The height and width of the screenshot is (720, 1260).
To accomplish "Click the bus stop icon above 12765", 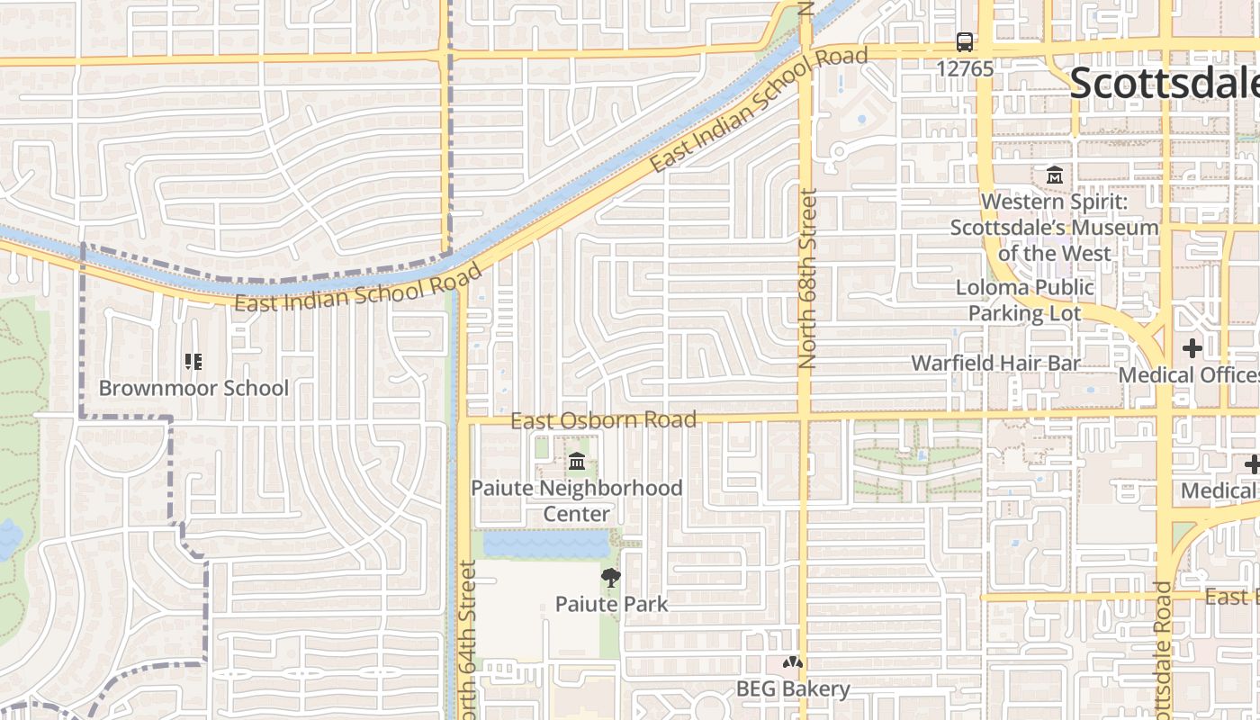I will click(965, 41).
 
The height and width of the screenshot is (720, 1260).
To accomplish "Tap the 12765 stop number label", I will click(965, 68).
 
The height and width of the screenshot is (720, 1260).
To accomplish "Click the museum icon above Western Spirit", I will click(1054, 174).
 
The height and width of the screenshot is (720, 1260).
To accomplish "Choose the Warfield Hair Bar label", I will click(995, 363).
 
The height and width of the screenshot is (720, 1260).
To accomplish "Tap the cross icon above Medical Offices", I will click(1192, 348).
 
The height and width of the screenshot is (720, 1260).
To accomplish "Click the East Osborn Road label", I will click(603, 420).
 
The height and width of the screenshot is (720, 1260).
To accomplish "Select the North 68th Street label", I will click(806, 277).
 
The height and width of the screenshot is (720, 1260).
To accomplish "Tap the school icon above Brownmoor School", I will click(193, 362).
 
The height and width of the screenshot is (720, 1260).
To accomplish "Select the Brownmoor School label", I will click(193, 388).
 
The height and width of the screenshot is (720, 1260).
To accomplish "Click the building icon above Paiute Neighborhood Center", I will click(577, 462).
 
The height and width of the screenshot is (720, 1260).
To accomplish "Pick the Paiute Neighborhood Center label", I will click(577, 500).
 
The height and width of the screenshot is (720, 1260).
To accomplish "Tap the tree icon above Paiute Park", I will click(611, 578).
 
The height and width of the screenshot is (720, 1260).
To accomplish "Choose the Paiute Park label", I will click(611, 604).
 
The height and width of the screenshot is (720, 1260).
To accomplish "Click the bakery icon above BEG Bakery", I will click(792, 664).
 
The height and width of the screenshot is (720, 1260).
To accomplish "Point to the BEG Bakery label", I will click(793, 689).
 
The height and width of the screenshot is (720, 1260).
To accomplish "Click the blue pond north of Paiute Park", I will click(545, 544).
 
